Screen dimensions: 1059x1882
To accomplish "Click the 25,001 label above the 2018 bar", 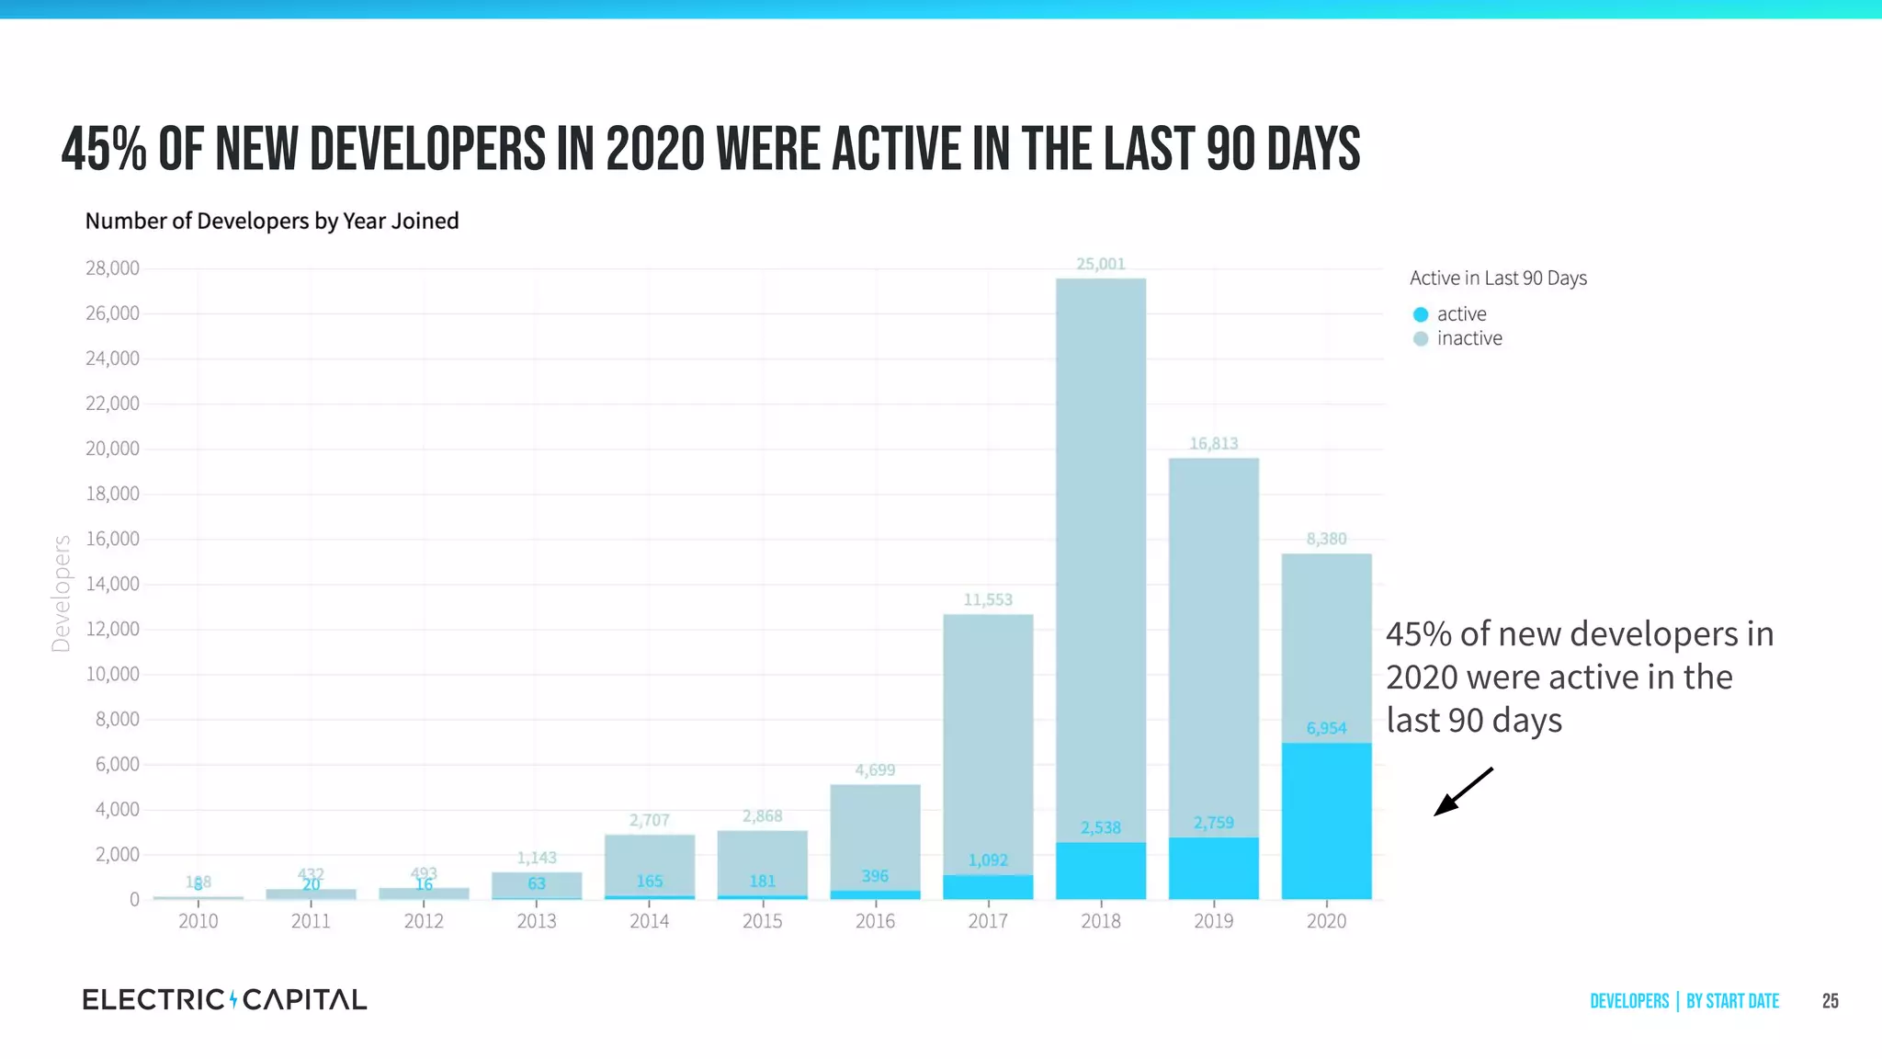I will coord(1100,264).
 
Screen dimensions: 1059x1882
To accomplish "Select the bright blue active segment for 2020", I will coord(1326,821).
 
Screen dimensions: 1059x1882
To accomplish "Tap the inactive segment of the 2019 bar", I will coord(1213,643).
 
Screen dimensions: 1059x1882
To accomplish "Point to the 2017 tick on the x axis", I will coord(988,920).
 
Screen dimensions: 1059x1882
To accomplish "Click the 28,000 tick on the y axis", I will coord(112,268).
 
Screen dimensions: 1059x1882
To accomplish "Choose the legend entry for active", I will coord(1461,314).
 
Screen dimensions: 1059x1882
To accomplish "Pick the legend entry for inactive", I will coord(1468,338).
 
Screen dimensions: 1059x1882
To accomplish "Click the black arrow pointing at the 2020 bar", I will coord(1463,791).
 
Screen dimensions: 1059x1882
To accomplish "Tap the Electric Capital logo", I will coord(224,999).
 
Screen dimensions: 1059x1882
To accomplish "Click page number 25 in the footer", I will coord(1830,1001).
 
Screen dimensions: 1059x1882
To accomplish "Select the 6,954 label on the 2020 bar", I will coord(1326,728).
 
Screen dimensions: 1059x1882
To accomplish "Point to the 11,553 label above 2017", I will coord(988,599).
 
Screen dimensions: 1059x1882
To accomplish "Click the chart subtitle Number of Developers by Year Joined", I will coord(272,221).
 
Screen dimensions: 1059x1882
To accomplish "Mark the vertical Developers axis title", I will coord(62,594).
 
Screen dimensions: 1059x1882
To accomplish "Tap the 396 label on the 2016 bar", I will coord(874,876).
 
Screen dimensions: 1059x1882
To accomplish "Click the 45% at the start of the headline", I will coord(104,150).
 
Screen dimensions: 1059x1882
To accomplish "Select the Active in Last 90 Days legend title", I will coord(1498,278).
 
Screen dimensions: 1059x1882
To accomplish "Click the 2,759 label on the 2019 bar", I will coord(1213,823).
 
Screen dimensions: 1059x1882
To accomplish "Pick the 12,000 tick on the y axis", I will coord(112,629).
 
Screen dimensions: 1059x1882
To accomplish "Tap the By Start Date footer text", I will coord(1732,1001).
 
